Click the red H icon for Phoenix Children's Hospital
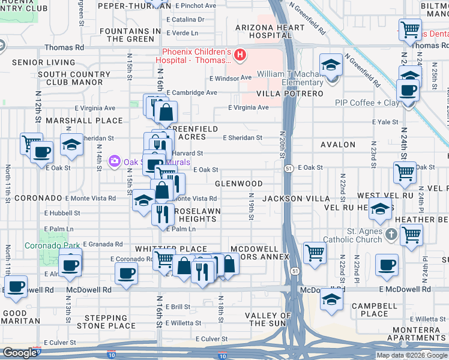click(240, 56)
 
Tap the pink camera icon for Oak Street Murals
click(114, 161)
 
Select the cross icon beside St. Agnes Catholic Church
click(391, 233)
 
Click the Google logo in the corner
click(19, 353)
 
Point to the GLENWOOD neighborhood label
click(240, 184)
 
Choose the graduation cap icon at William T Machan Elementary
click(330, 66)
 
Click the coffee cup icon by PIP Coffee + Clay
click(408, 91)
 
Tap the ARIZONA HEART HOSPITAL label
click(263, 32)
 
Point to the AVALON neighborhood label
click(339, 145)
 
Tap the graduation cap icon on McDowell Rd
click(331, 299)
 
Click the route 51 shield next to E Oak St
click(289, 168)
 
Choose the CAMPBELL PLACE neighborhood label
click(370, 310)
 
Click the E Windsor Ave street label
click(231, 78)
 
